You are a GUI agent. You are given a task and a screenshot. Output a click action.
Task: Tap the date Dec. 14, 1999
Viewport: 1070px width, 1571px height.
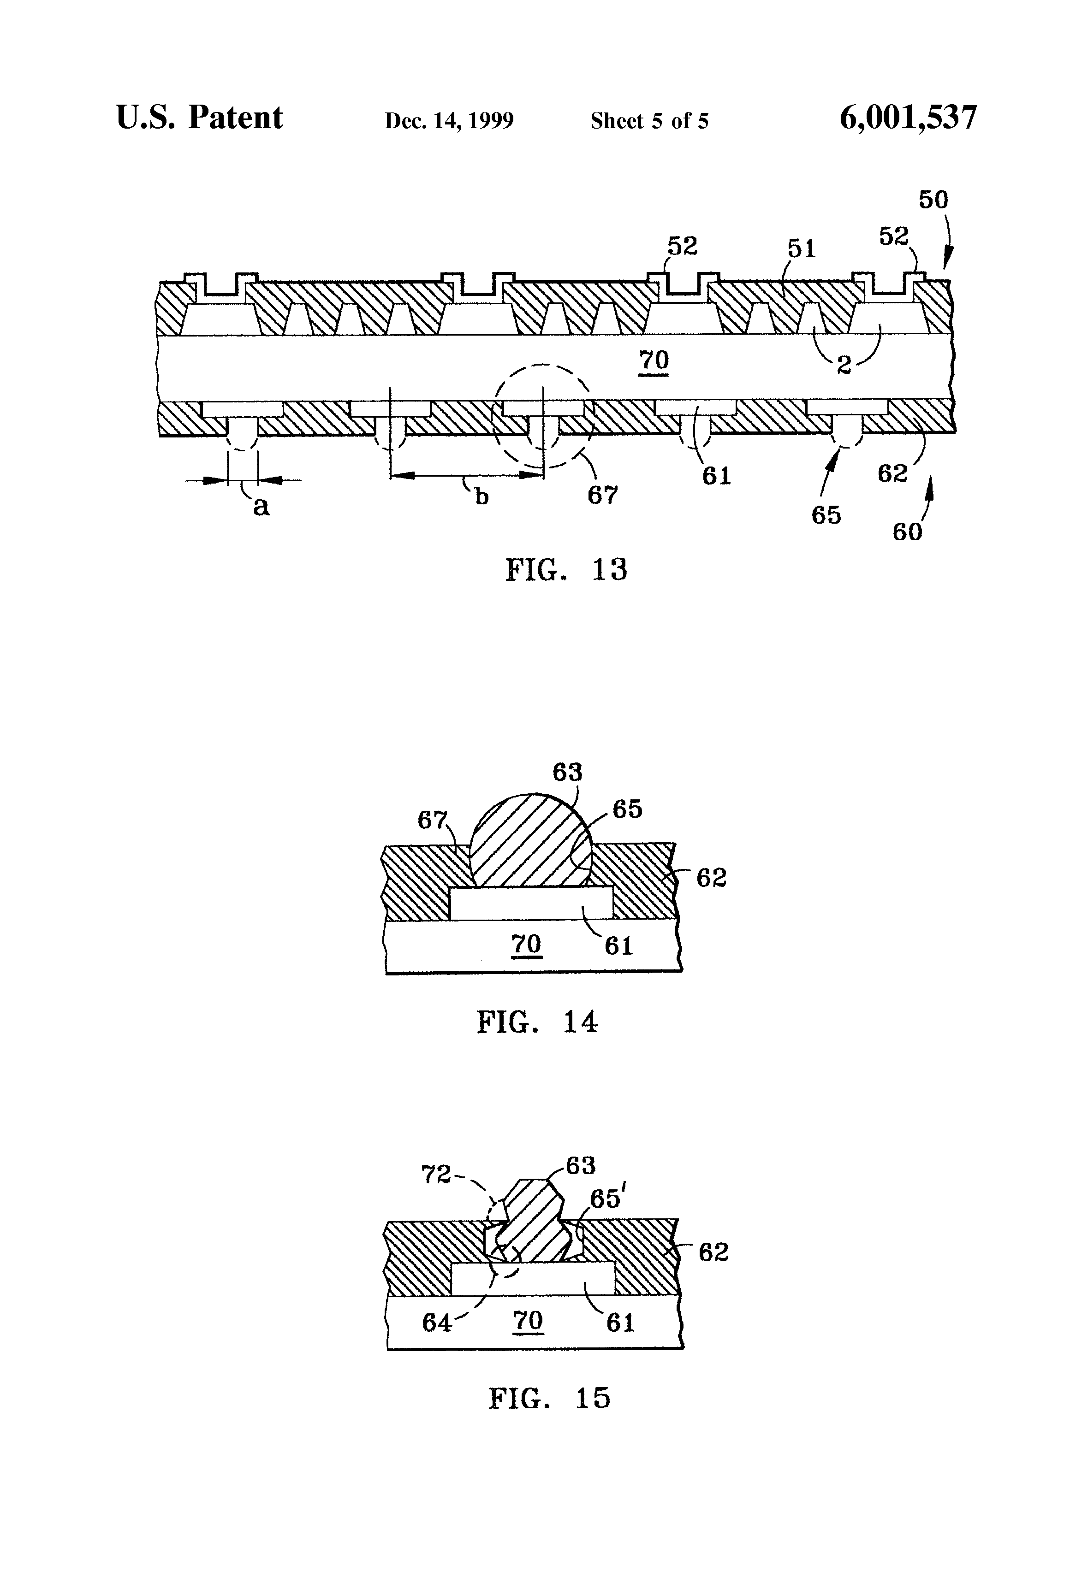click(449, 120)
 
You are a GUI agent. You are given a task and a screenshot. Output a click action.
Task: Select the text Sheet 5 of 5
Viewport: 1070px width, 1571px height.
click(649, 120)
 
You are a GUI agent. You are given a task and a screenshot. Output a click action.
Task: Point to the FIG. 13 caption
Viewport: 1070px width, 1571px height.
click(566, 569)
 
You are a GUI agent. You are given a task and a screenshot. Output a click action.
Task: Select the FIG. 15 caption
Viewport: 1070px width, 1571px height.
click(549, 1397)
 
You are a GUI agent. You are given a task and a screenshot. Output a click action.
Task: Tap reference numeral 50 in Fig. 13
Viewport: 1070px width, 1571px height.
click(933, 200)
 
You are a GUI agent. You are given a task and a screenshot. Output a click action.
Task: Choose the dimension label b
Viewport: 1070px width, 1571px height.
click(481, 497)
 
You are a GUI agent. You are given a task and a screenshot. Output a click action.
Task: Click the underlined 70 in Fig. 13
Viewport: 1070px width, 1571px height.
click(654, 362)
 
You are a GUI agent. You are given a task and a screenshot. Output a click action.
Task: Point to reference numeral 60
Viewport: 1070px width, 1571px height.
click(908, 532)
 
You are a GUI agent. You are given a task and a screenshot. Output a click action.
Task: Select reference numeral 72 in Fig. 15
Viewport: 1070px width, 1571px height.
click(436, 1174)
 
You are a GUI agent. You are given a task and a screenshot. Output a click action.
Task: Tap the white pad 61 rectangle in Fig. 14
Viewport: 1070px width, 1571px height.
click(531, 903)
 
